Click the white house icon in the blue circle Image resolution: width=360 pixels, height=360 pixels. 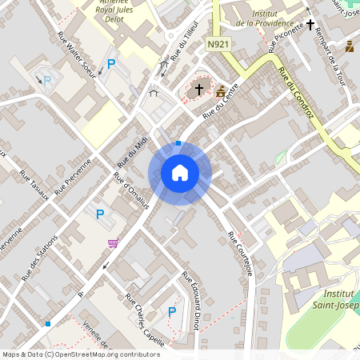pos(180,172)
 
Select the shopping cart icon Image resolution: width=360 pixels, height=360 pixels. pos(113,243)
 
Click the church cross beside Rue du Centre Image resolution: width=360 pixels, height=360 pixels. pos(199,90)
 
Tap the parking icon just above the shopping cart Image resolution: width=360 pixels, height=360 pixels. pos(100,214)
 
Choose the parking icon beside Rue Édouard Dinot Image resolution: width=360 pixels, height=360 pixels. pos(172,311)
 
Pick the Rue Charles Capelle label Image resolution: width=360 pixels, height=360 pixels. pos(145,319)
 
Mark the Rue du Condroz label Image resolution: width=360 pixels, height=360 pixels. pos(295,97)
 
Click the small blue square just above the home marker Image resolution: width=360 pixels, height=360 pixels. pos(178,143)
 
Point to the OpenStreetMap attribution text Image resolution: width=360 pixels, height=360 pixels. pos(81,354)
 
